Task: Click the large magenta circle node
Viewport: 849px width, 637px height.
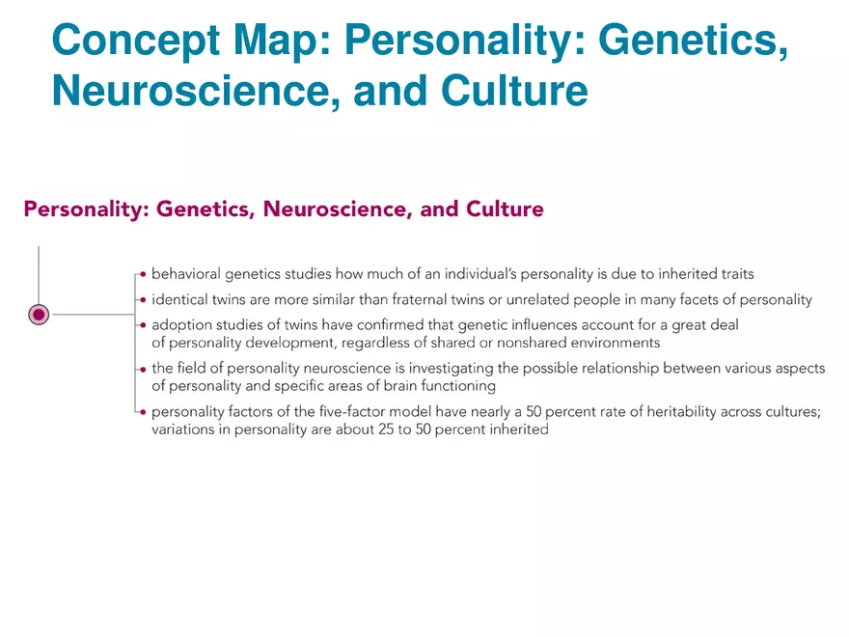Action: click(39, 314)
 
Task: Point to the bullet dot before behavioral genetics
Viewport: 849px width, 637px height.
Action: click(143, 274)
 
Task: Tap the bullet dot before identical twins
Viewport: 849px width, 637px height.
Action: click(143, 299)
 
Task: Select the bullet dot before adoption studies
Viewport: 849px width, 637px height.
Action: click(143, 325)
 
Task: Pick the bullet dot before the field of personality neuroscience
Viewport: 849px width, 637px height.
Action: click(143, 368)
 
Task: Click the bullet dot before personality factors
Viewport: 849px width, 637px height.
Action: click(143, 411)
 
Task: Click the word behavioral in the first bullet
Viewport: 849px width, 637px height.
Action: click(185, 274)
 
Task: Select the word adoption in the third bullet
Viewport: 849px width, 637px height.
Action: click(181, 325)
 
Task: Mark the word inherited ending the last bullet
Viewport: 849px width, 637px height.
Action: click(517, 429)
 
